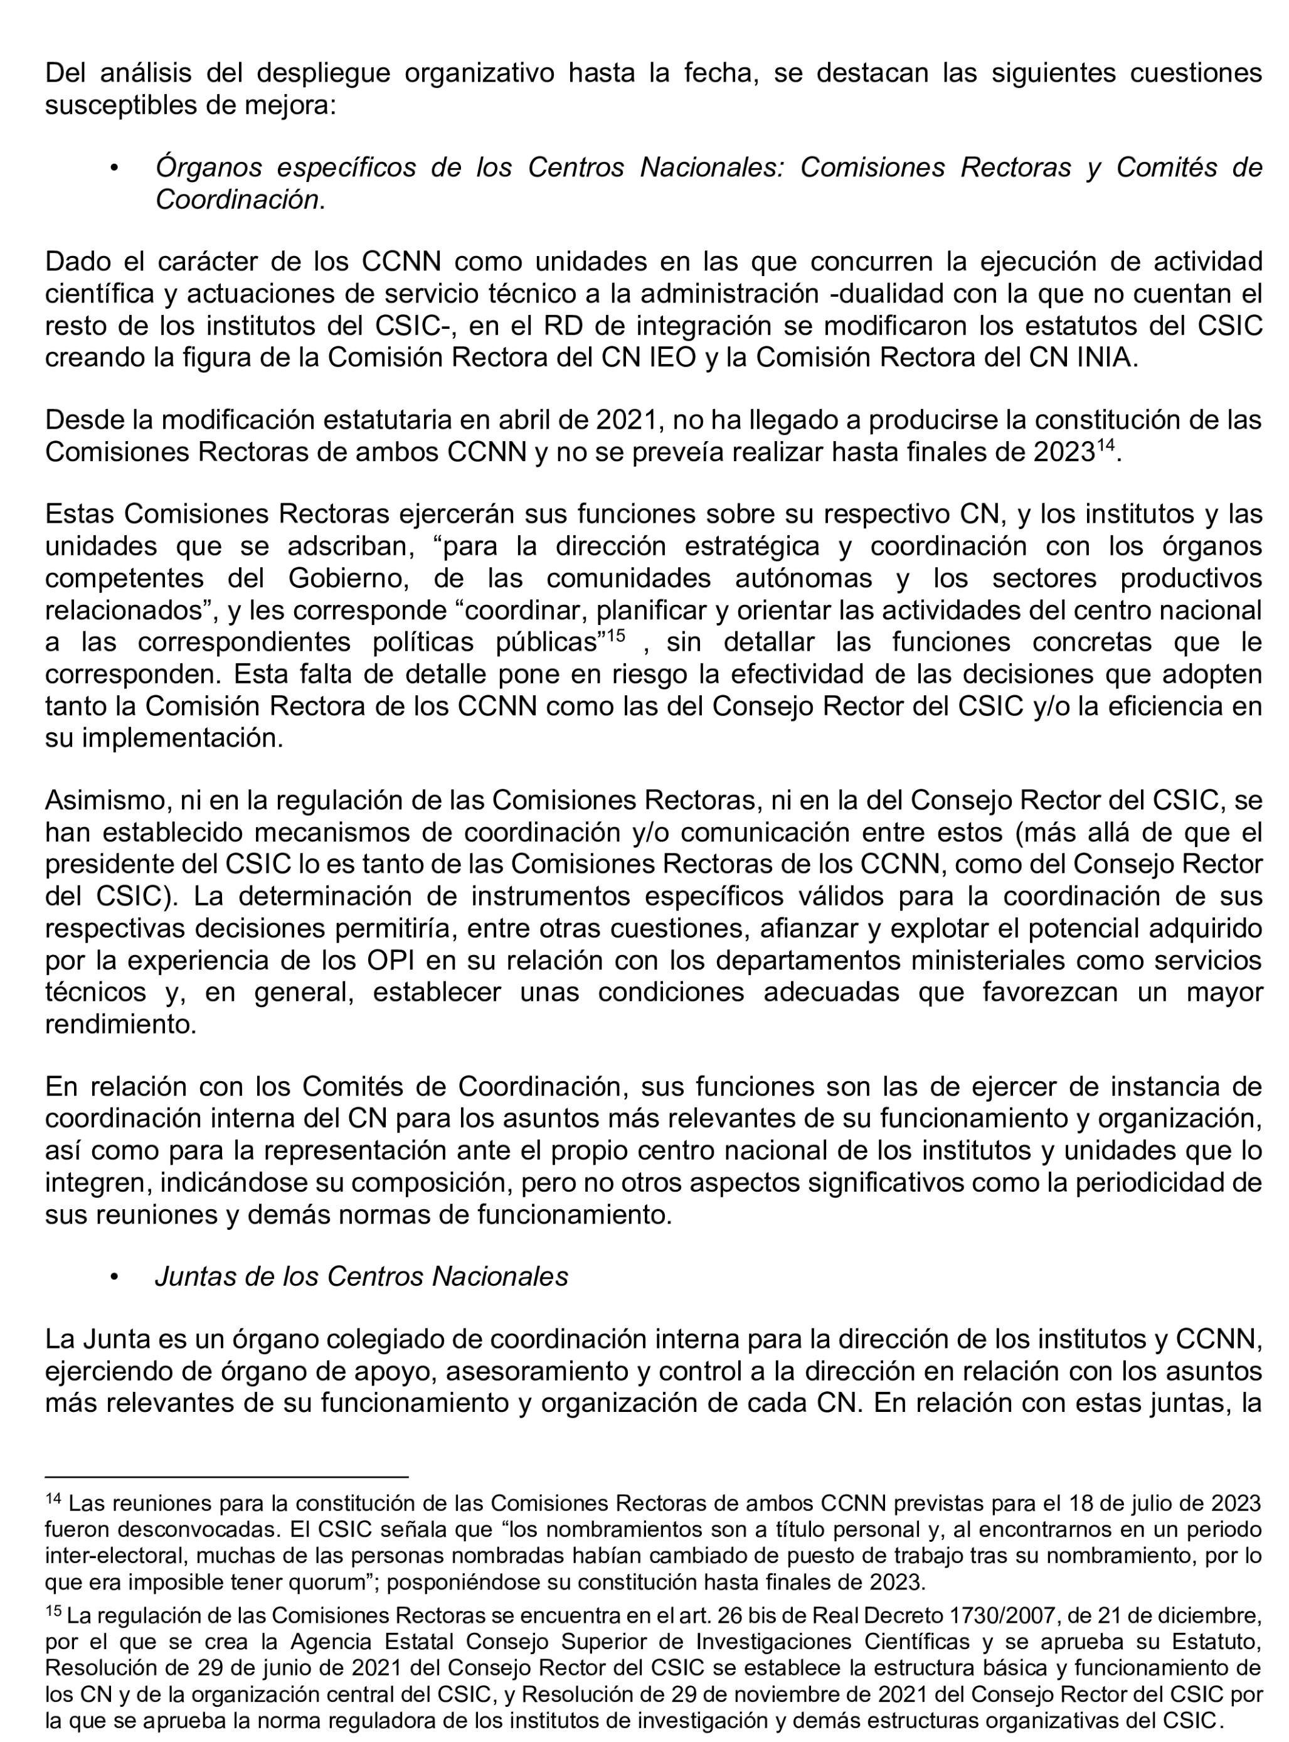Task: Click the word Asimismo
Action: tap(107, 800)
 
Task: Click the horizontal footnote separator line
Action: tap(226, 1477)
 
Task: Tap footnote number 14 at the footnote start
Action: tap(53, 1499)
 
